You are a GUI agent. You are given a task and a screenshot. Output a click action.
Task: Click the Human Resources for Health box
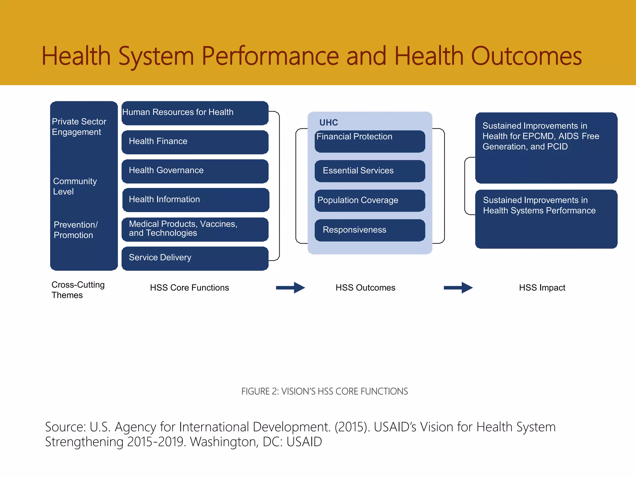pyautogui.click(x=195, y=113)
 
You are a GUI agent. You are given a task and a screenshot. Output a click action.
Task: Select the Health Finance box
pyautogui.click(x=195, y=142)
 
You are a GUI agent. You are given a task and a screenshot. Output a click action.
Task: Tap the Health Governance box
pyautogui.click(x=195, y=171)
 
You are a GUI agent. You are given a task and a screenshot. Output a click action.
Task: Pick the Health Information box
pyautogui.click(x=196, y=200)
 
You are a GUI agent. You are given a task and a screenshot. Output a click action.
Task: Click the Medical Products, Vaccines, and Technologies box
pyautogui.click(x=195, y=229)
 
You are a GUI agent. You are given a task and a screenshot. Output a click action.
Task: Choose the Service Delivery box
pyautogui.click(x=195, y=258)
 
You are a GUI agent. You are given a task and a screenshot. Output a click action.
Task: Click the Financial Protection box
pyautogui.click(x=370, y=141)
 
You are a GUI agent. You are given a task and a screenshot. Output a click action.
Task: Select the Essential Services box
pyautogui.click(x=370, y=171)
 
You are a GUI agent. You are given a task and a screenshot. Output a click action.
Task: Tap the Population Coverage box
pyautogui.click(x=370, y=201)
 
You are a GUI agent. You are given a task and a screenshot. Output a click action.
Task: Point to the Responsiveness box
pyautogui.click(x=370, y=230)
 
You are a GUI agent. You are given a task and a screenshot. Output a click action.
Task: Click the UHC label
pyautogui.click(x=329, y=123)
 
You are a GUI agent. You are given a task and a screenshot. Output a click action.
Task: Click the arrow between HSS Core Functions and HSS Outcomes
pyautogui.click(x=290, y=288)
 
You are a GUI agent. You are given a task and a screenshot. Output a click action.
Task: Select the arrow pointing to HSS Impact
pyautogui.click(x=458, y=288)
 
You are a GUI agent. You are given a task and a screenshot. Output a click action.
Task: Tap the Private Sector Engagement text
pyautogui.click(x=79, y=127)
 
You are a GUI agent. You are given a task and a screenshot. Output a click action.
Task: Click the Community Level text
pyautogui.click(x=75, y=186)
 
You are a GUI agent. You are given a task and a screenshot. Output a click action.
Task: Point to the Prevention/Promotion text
pyautogui.click(x=75, y=230)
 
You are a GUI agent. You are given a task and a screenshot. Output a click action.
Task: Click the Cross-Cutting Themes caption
pyautogui.click(x=78, y=290)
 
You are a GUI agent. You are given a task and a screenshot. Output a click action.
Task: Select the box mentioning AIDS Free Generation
pyautogui.click(x=546, y=148)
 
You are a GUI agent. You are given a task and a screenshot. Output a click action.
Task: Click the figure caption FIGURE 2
pyautogui.click(x=325, y=391)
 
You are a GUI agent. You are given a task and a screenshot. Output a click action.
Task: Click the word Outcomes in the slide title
pyautogui.click(x=526, y=57)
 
